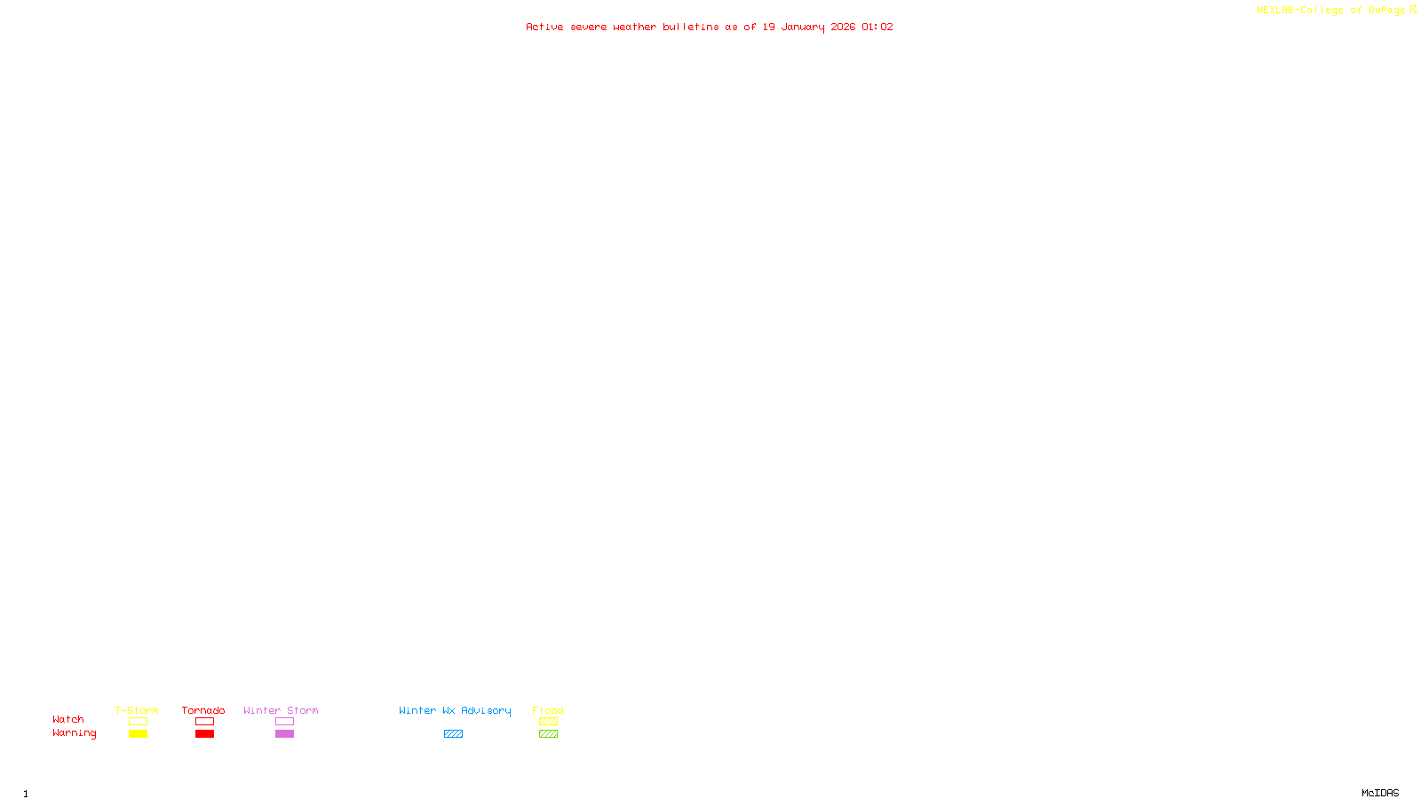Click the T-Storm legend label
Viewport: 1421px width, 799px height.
click(x=137, y=710)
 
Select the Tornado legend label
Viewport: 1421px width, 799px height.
click(x=203, y=710)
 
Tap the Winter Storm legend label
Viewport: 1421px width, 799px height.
click(x=281, y=710)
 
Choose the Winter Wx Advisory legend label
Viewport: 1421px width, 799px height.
click(x=455, y=710)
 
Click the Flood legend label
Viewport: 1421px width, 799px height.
click(x=548, y=710)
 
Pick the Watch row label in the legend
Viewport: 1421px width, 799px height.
click(x=68, y=719)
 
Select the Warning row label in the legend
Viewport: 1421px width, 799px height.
click(x=74, y=733)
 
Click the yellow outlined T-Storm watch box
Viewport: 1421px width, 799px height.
click(x=138, y=722)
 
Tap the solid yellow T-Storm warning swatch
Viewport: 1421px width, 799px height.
click(x=138, y=734)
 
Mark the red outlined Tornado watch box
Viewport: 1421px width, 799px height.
click(x=204, y=722)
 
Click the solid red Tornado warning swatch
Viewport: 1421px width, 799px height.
click(x=204, y=734)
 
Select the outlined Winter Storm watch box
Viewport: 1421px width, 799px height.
click(x=284, y=722)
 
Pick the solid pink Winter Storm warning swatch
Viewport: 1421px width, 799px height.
click(x=284, y=734)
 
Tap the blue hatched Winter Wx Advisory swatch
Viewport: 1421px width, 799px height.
click(x=453, y=734)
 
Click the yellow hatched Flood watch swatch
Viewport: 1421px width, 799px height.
click(x=548, y=722)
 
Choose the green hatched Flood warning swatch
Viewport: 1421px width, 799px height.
click(x=548, y=734)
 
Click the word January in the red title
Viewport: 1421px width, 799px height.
click(x=803, y=27)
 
